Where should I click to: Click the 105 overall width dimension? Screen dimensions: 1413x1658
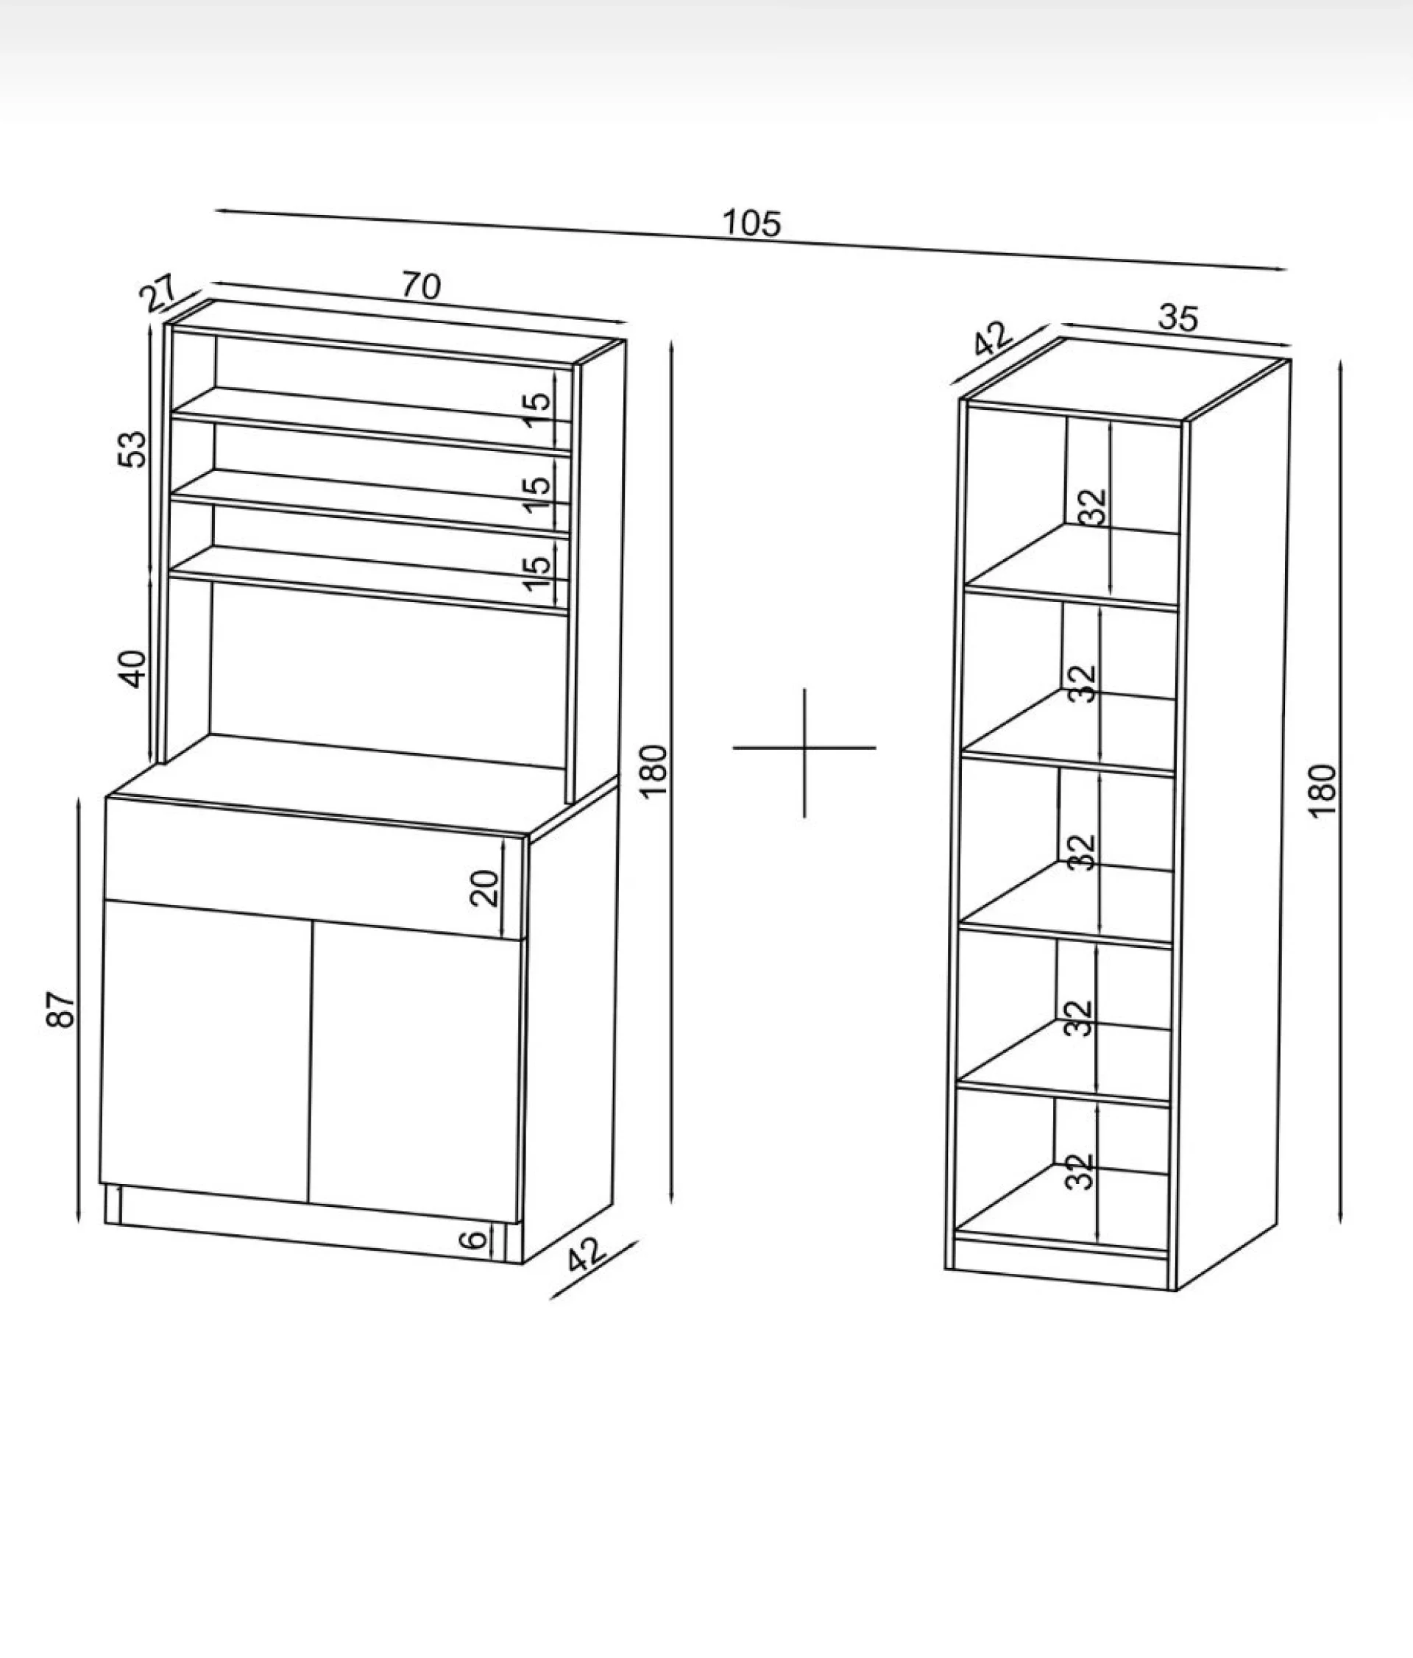pos(751,223)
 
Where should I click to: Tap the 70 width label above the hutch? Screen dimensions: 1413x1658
pos(421,286)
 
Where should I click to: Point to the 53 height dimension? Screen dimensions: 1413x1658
pos(134,449)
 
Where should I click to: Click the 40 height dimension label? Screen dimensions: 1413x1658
pos(134,669)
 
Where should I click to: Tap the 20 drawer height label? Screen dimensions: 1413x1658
pos(485,888)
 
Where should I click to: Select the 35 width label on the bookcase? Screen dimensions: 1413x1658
pos(1178,318)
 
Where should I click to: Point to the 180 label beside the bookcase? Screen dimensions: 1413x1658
pos(1323,790)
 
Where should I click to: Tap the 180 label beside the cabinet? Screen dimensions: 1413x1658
pos(654,770)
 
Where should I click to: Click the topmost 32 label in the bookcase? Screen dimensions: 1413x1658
pos(1092,506)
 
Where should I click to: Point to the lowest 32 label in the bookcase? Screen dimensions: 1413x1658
pos(1080,1172)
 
